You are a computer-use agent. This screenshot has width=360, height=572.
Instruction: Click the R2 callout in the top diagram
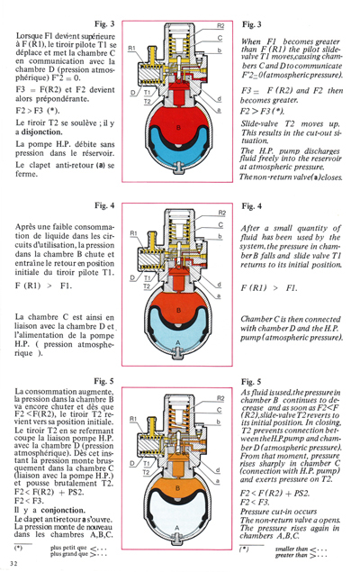click(220, 25)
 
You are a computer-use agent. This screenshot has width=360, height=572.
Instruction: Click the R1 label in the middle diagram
click(131, 233)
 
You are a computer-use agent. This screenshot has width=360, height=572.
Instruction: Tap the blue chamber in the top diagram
click(181, 164)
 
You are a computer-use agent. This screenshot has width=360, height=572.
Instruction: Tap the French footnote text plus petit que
click(68, 547)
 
